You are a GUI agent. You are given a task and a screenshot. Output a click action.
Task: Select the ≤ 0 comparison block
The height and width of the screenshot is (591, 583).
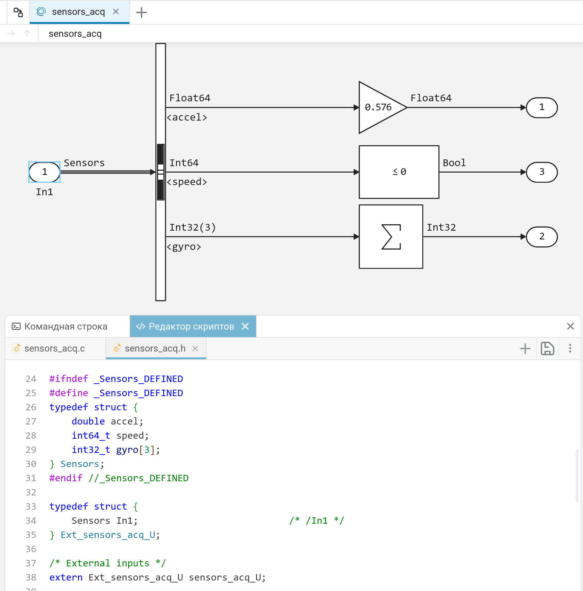(x=399, y=172)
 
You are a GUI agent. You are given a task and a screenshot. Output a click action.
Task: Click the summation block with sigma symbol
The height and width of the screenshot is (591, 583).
(x=391, y=236)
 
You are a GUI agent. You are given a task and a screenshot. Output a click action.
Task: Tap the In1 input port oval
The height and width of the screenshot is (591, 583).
(x=45, y=172)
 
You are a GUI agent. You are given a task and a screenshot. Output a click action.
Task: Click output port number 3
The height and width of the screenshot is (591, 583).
(x=542, y=172)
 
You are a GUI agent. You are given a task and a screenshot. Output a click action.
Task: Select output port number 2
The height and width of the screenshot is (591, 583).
(x=542, y=236)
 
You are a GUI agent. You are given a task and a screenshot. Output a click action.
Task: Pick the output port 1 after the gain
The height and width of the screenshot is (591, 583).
(x=542, y=107)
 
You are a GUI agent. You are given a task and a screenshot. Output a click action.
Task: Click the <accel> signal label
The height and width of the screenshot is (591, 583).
(x=187, y=117)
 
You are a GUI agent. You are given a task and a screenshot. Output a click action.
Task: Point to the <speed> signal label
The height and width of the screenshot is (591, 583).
(x=187, y=182)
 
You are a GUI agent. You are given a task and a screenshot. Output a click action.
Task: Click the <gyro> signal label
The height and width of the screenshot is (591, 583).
(x=184, y=247)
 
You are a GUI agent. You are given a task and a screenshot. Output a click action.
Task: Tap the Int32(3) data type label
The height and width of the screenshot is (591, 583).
(x=193, y=227)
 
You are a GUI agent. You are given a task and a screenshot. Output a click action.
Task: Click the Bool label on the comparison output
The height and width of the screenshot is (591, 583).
(x=454, y=163)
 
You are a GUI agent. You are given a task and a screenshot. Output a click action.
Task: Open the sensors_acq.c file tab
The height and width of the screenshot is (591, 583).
(x=54, y=349)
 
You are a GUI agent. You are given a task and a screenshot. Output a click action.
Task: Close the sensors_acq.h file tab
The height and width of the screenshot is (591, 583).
(x=195, y=349)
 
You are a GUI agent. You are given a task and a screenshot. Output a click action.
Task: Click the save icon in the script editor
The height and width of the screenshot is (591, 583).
(x=547, y=349)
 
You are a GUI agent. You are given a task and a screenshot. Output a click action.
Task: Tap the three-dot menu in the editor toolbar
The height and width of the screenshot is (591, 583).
(x=570, y=349)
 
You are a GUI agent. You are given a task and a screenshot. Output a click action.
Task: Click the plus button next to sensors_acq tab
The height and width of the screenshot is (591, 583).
(x=142, y=12)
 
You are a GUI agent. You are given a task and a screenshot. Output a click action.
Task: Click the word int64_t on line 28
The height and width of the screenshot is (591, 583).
(x=91, y=436)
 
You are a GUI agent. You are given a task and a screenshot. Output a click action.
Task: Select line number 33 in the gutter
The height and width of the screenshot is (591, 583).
(x=31, y=507)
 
